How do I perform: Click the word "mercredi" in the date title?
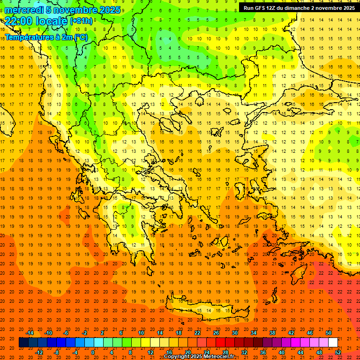coord(23,10)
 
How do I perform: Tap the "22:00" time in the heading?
coord(18,21)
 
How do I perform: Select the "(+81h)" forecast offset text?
coord(81,21)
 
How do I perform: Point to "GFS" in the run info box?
coord(262,8)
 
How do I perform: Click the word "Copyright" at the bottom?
coord(178,357)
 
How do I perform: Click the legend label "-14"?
coord(30,333)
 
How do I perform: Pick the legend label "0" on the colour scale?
coord(93,352)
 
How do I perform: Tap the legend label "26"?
coord(216,333)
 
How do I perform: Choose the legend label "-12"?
coord(39,352)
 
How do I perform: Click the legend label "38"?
coord(272,333)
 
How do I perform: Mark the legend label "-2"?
coord(85,333)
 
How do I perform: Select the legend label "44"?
coord(300,352)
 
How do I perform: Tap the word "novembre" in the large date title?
coord(77,10)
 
